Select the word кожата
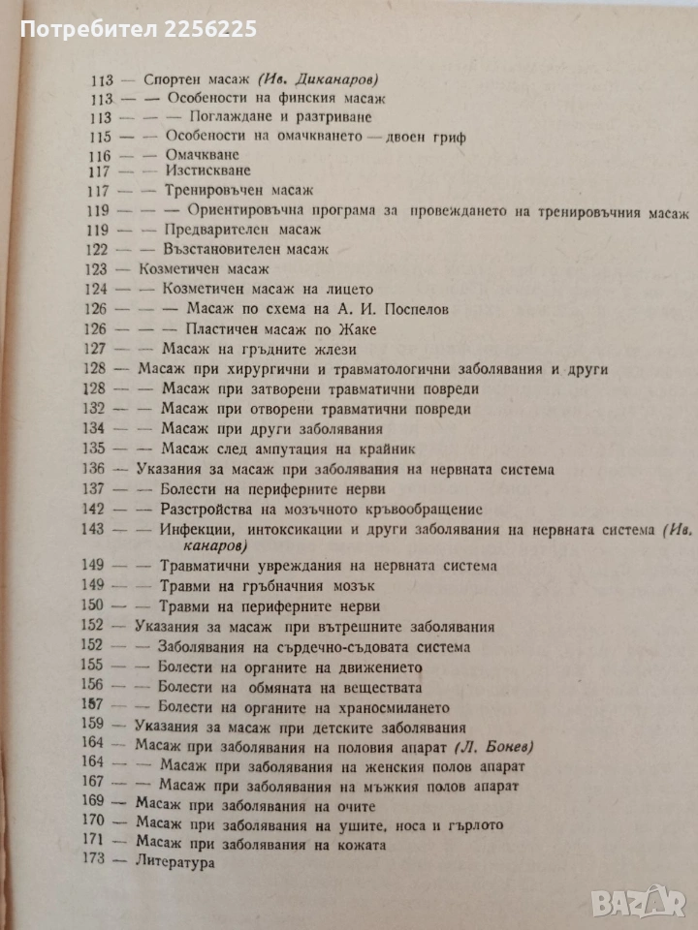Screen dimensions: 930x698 point(359,845)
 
